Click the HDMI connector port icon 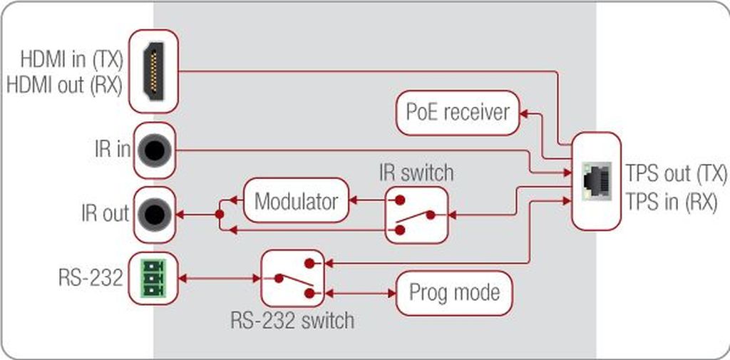pos(153,71)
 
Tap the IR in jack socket pos(153,150)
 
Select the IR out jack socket pos(153,213)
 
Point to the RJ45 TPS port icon pos(595,179)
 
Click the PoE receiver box pos(458,113)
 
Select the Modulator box pos(296,201)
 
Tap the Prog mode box pos(454,293)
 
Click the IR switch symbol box pos(417,215)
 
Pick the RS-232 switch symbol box pos(292,278)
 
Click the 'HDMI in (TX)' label pos(71,58)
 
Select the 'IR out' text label pos(105,213)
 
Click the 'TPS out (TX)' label pos(677,173)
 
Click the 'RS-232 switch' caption pos(292,320)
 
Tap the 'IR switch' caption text pos(416,172)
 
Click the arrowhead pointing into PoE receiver pos(525,112)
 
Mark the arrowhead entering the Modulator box pos(354,200)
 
